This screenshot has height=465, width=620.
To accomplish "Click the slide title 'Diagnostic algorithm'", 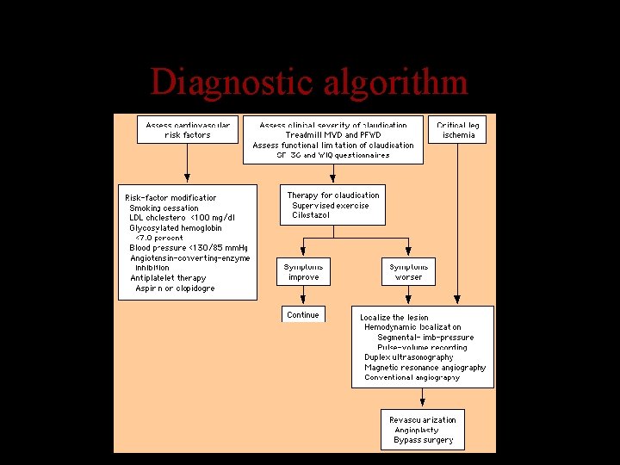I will tap(309, 83).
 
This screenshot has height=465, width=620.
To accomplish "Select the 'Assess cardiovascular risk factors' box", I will tap(188, 130).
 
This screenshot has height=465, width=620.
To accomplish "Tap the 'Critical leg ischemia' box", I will tap(458, 130).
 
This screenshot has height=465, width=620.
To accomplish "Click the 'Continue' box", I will tap(303, 315).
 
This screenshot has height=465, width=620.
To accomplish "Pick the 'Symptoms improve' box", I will tap(303, 272).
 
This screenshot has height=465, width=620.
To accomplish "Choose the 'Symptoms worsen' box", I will tap(408, 272).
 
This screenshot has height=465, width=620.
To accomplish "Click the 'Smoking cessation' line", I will tap(164, 208).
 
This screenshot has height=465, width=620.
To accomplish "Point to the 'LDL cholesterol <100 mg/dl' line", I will tap(182, 218).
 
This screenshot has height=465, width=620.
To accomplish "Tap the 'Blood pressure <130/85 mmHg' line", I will tap(188, 248).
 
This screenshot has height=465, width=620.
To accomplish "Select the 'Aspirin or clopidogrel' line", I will tap(175, 288).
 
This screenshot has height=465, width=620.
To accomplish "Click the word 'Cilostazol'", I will tap(311, 215).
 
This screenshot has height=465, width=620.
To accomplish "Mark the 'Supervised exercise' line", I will tap(330, 206).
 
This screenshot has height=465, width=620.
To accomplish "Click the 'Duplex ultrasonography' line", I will tap(408, 357).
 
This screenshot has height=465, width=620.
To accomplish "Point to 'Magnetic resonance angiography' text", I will tap(425, 368).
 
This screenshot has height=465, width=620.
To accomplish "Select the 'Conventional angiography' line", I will tap(412, 377).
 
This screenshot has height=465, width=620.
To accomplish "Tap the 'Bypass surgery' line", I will tap(423, 440).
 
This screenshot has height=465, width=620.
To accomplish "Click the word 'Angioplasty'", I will tap(416, 430).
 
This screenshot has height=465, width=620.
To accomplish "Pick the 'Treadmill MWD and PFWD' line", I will tap(333, 135).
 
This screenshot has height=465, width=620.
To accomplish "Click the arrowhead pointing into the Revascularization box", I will tap(422, 403).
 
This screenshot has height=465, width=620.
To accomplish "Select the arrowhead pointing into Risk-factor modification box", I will tap(188, 178).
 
